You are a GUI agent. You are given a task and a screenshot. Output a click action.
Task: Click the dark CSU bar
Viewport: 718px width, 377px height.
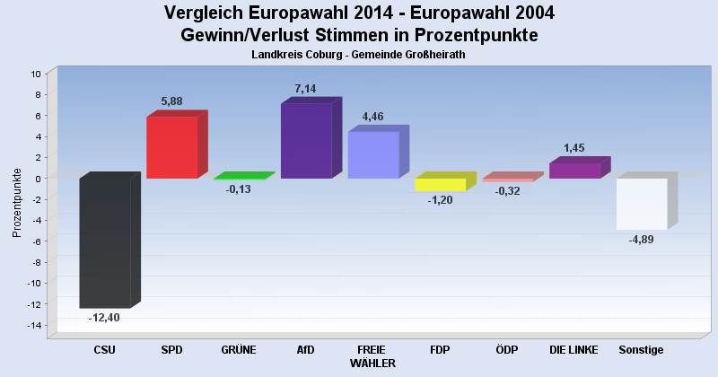coord(105,242)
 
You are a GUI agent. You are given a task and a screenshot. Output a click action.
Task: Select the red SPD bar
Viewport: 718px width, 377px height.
coord(172,147)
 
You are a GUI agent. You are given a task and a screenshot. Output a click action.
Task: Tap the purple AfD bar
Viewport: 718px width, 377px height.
coord(306,141)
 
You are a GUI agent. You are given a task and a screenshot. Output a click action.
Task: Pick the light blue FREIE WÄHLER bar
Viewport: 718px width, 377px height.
coord(373,154)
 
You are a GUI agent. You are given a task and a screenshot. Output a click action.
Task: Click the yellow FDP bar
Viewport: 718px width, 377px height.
coord(440,184)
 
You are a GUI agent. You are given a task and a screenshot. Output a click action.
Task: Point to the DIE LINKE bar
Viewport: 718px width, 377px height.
coord(574,171)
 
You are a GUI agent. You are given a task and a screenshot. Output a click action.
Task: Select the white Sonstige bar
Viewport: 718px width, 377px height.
coord(642,204)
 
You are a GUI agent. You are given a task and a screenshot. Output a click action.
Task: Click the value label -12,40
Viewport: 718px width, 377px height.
coord(104,318)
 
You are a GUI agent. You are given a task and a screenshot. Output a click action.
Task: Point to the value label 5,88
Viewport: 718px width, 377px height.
coord(171,101)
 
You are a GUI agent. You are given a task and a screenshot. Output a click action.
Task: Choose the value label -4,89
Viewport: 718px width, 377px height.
coord(641,240)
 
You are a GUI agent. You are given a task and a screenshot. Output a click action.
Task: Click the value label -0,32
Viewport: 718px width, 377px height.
coord(507,191)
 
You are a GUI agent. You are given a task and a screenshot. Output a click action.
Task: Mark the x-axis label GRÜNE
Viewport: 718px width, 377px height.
coord(238,350)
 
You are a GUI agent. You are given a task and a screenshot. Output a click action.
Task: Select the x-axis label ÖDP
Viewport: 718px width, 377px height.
coord(507,350)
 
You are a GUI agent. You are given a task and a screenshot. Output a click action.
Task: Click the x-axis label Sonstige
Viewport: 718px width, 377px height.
coord(641,350)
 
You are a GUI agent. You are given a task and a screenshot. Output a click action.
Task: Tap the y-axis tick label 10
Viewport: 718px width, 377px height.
coord(36,74)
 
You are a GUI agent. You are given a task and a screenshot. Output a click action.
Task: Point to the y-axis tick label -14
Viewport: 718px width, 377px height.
coord(34,325)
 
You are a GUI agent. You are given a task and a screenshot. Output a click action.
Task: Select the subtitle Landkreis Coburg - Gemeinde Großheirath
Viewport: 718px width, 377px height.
coord(359,55)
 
